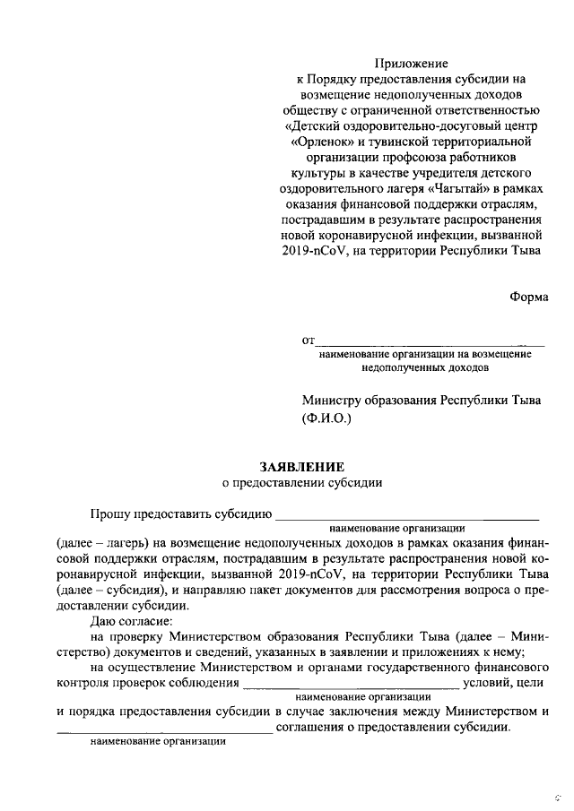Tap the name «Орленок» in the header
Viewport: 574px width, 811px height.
(323, 141)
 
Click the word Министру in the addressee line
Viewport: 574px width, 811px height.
(335, 401)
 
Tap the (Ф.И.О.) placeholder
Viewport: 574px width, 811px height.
(328, 419)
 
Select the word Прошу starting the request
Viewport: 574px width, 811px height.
(109, 513)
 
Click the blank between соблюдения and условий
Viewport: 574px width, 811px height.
(352, 686)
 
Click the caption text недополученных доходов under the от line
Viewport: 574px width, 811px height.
(425, 367)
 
